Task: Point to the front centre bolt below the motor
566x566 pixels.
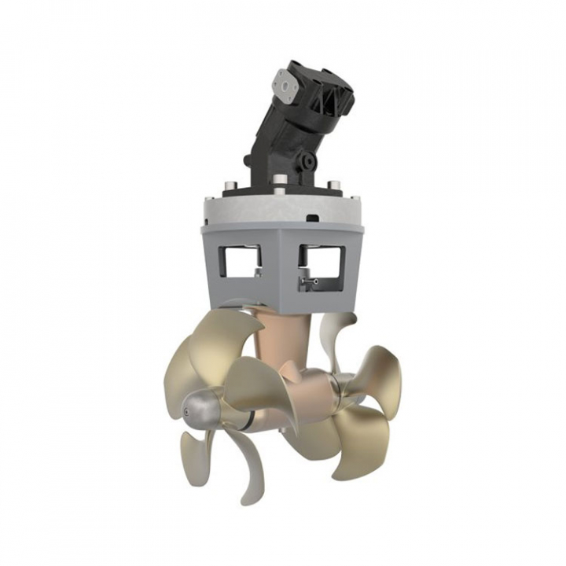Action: click(x=279, y=190)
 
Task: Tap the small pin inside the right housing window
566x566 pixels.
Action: click(x=311, y=280)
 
